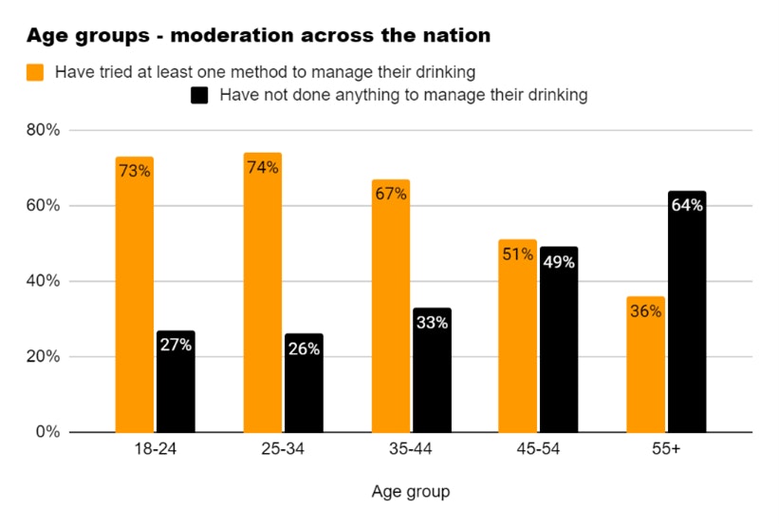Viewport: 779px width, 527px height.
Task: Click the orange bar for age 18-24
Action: pos(135,294)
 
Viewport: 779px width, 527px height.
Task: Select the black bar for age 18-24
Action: pos(176,381)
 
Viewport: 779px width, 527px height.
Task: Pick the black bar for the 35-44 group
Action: pos(432,370)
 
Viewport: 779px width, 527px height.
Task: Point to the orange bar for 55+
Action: pos(645,365)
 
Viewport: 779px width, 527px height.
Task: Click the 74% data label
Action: pos(263,168)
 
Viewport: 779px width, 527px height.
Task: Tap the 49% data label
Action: pos(559,262)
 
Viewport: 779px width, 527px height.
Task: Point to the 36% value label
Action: pos(645,311)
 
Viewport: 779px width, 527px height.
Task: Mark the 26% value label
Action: pos(304,348)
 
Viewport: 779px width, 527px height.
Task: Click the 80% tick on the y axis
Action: pos(45,130)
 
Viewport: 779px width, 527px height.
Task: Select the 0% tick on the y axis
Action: pos(48,432)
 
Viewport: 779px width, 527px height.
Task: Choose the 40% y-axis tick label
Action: pos(45,281)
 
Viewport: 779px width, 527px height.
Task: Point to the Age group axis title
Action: pos(411,492)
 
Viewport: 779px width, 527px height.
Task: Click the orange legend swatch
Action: pos(36,71)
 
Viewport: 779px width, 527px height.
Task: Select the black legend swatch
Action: pos(200,95)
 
